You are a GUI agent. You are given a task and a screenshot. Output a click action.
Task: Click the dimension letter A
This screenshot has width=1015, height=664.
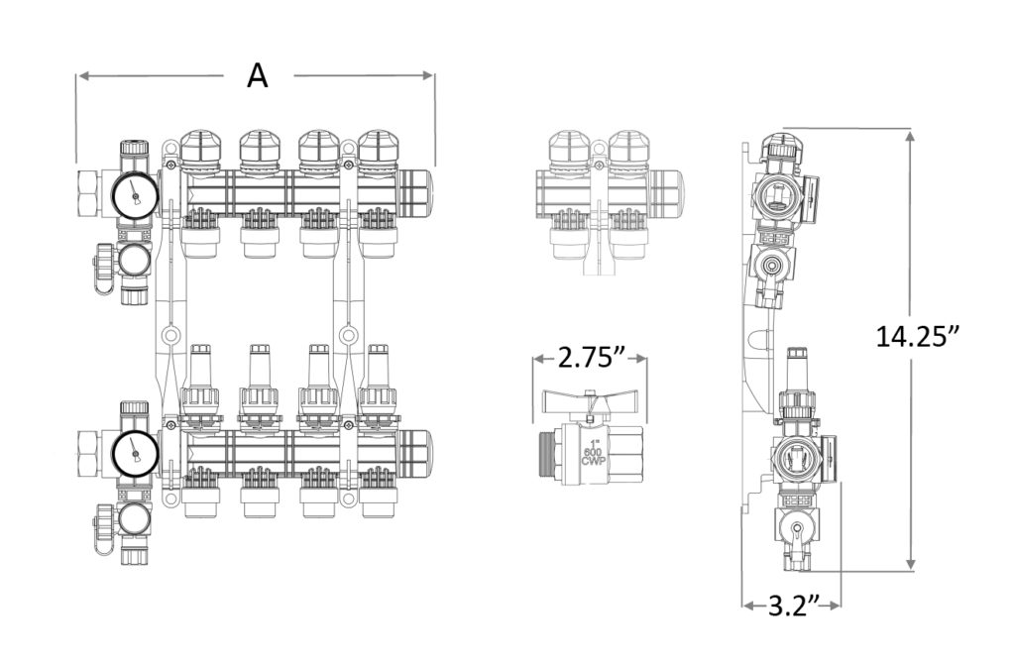[257, 75]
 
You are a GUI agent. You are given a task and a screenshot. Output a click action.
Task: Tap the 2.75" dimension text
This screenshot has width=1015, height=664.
[591, 358]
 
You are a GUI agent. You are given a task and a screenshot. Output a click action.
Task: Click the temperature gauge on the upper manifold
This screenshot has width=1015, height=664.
[134, 196]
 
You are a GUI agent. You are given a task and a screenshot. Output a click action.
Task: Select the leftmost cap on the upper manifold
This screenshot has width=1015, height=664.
[200, 148]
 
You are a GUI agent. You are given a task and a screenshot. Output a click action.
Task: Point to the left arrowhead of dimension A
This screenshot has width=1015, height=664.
[81, 75]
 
